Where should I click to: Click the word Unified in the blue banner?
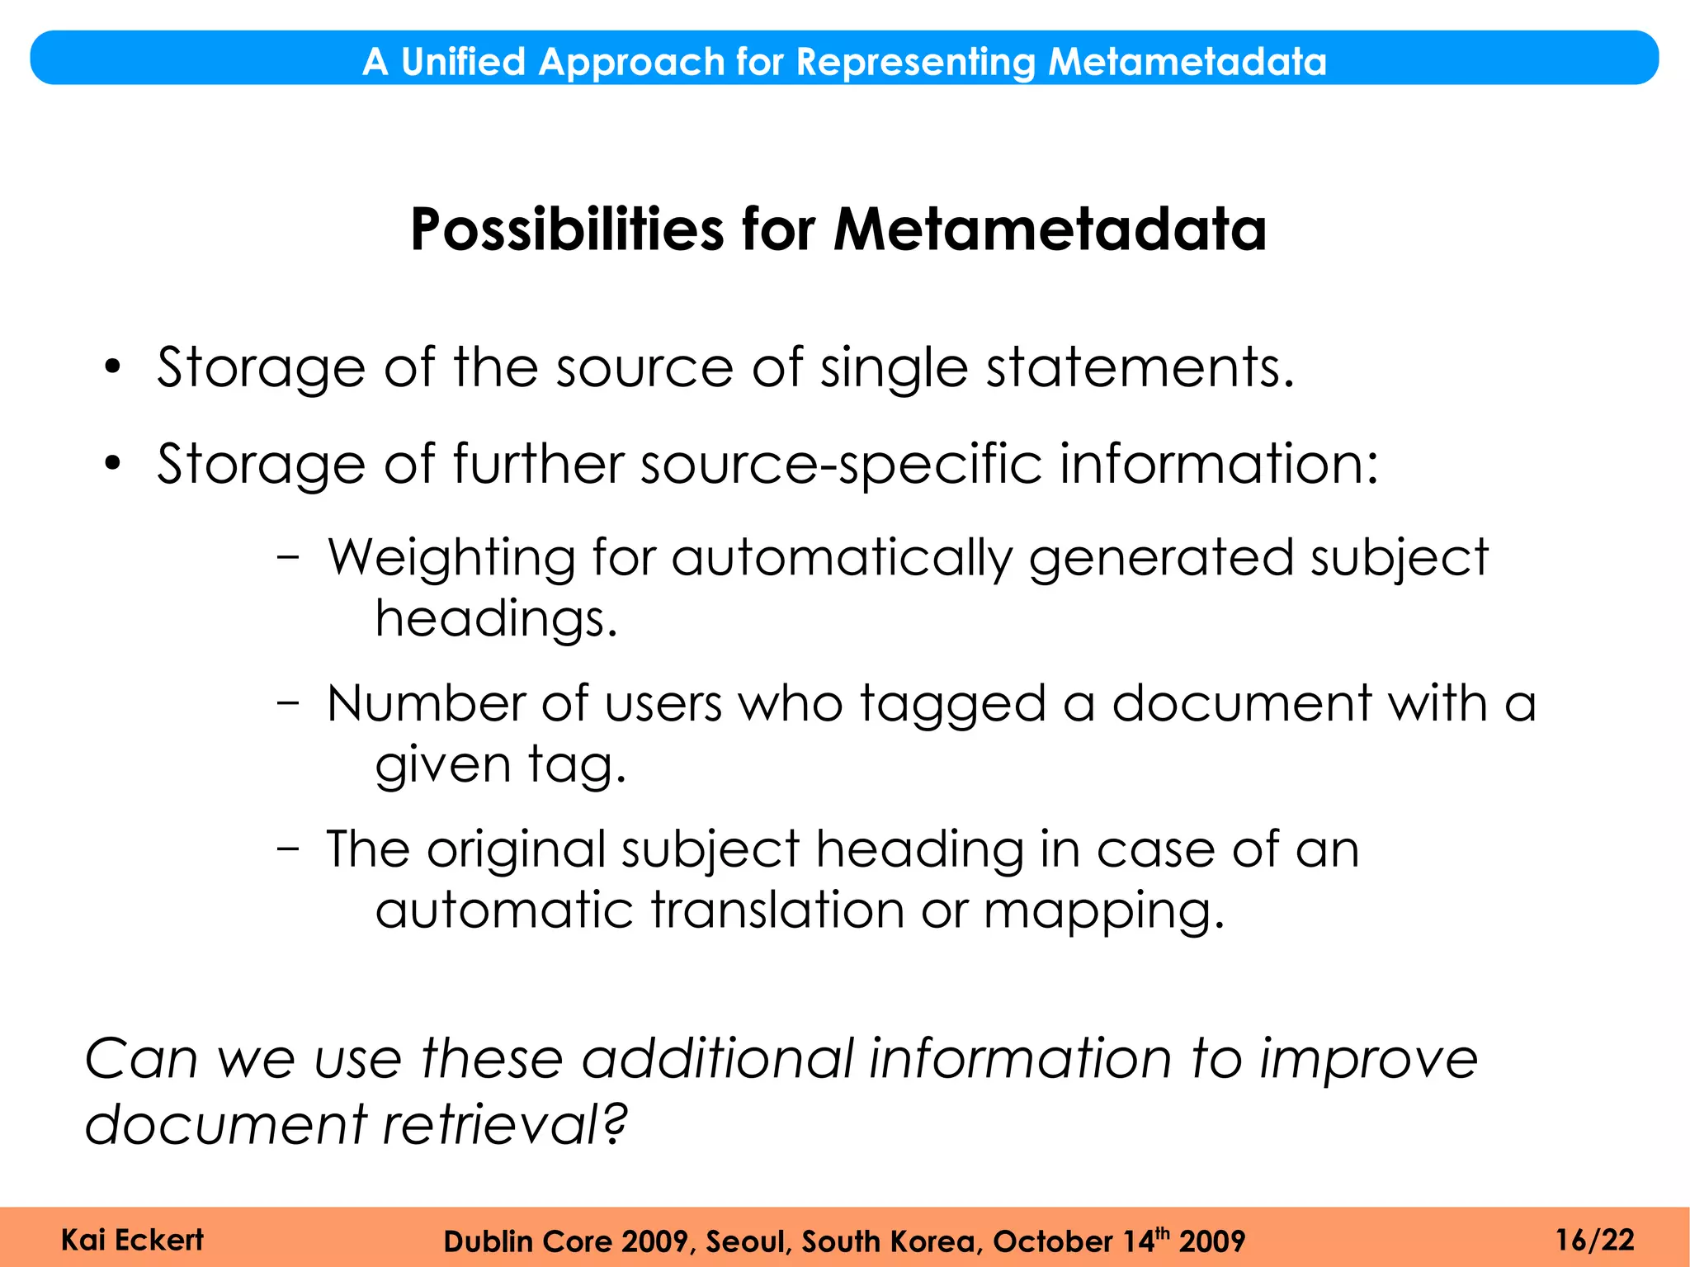pyautogui.click(x=463, y=62)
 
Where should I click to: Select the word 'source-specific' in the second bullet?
pyautogui.click(x=842, y=465)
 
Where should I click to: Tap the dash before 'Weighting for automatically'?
pyautogui.click(x=288, y=557)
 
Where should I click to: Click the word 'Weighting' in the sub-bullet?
pyautogui.click(x=451, y=558)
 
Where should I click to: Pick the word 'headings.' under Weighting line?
pyautogui.click(x=496, y=619)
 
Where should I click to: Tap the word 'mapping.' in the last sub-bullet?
pyautogui.click(x=1104, y=912)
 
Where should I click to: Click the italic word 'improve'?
pyautogui.click(x=1368, y=1059)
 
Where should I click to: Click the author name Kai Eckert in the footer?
pyautogui.click(x=132, y=1240)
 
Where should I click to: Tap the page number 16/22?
pyautogui.click(x=1594, y=1240)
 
